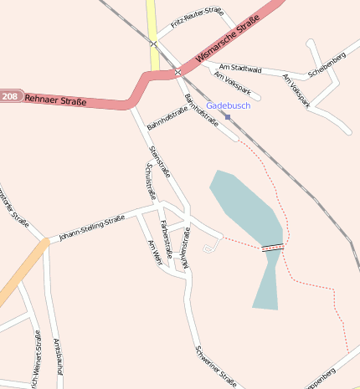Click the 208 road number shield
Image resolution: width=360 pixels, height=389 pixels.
9,96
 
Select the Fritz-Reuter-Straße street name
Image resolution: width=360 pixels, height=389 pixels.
197,18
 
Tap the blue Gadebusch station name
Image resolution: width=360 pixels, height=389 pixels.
227,106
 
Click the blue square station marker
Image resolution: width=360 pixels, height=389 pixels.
228,116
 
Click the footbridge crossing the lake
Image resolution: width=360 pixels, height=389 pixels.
272,248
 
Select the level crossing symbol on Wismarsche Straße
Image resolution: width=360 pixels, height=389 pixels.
177,73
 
